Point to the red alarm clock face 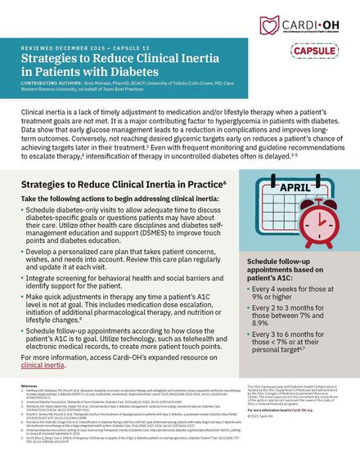pyautogui.click(x=322, y=226)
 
